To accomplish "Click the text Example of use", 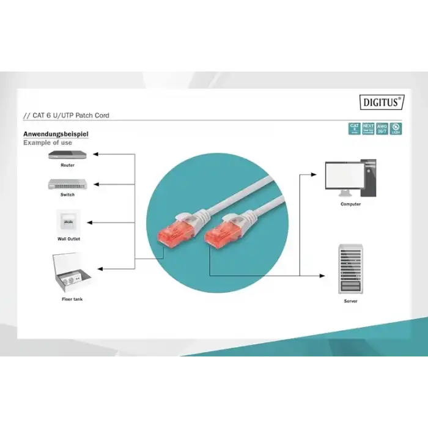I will click(x=48, y=142).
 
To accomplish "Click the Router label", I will click(x=67, y=165).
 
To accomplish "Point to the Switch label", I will click(x=67, y=194).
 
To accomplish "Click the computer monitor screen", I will click(x=342, y=177).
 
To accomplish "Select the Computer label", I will click(x=351, y=204).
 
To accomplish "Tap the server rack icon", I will click(x=350, y=268).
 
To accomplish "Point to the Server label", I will click(x=351, y=301).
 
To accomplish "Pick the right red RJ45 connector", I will click(x=220, y=232).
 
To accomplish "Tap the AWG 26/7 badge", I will click(x=383, y=128).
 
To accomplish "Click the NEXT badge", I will click(x=368, y=128).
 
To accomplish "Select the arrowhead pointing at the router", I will click(x=98, y=155).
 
